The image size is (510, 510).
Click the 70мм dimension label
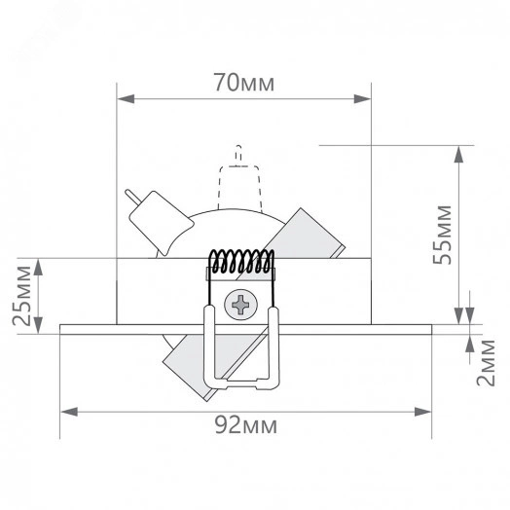pyautogui.click(x=244, y=83)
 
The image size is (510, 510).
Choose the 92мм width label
pyautogui.click(x=244, y=425)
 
